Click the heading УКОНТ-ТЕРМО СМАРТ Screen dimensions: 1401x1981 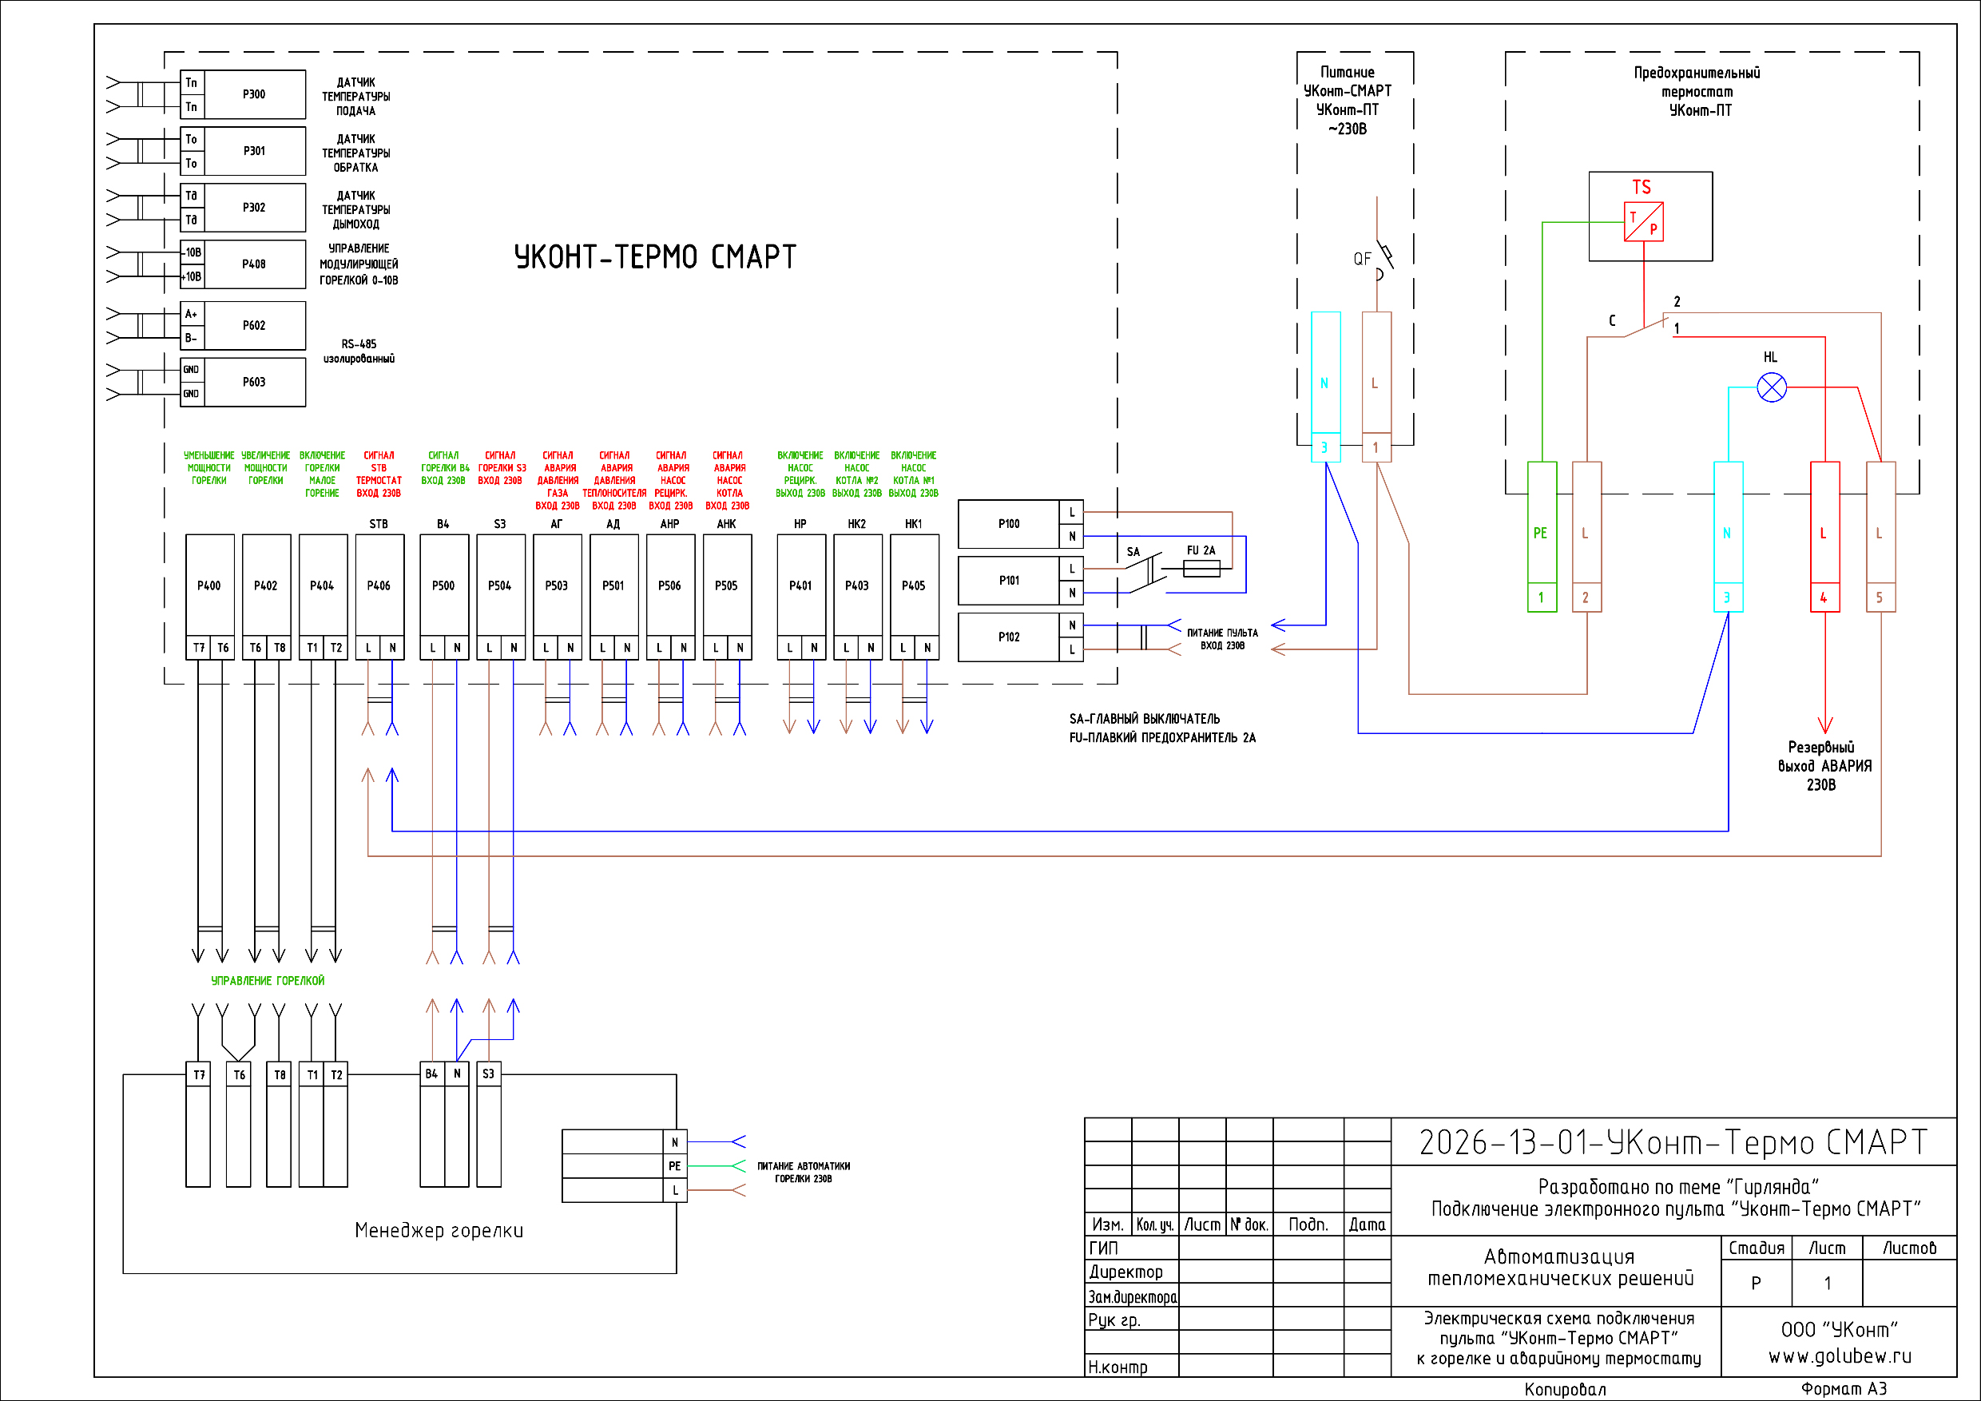click(x=655, y=257)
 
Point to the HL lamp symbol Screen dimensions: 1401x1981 click(x=1772, y=387)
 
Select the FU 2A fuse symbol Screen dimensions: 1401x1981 click(x=1201, y=569)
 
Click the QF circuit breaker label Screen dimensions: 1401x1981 click(x=1361, y=259)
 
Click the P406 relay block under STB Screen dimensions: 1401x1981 click(x=379, y=585)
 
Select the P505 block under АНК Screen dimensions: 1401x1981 click(x=726, y=585)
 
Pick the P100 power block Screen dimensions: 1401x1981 click(x=1009, y=524)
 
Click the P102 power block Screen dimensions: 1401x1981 click(x=1009, y=637)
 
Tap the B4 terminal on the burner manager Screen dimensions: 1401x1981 click(x=431, y=1074)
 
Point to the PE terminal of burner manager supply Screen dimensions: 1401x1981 click(x=675, y=1166)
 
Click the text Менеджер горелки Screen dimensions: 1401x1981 click(x=439, y=1230)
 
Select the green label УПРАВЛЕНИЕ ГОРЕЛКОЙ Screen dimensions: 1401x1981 click(x=268, y=981)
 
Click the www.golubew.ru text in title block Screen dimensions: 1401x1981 click(x=1840, y=1356)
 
